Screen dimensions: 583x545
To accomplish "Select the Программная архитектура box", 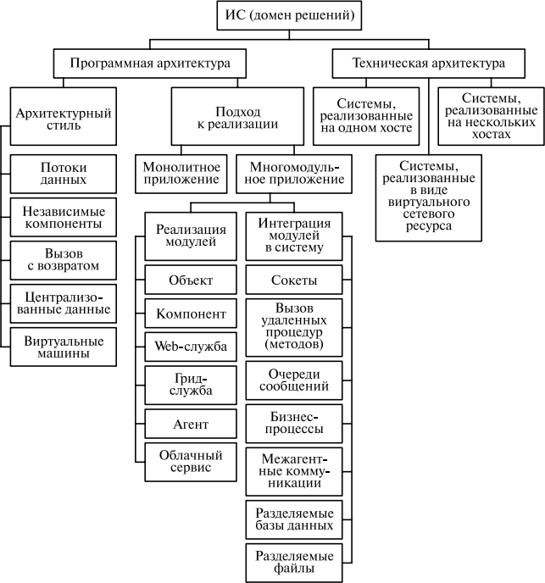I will (x=150, y=64).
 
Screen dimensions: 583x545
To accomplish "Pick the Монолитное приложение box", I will (x=181, y=174).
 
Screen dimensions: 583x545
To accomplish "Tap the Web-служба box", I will (x=191, y=346).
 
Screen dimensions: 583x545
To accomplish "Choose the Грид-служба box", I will (x=191, y=383).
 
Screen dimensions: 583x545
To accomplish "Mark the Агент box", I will (x=191, y=424).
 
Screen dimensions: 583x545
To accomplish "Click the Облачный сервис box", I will (x=191, y=462).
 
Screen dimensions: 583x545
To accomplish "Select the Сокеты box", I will (x=294, y=280).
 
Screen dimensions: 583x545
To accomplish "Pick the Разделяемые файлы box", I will (x=294, y=562).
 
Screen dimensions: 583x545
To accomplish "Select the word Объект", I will (x=191, y=280).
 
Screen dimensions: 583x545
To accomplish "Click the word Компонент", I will (x=191, y=314).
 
